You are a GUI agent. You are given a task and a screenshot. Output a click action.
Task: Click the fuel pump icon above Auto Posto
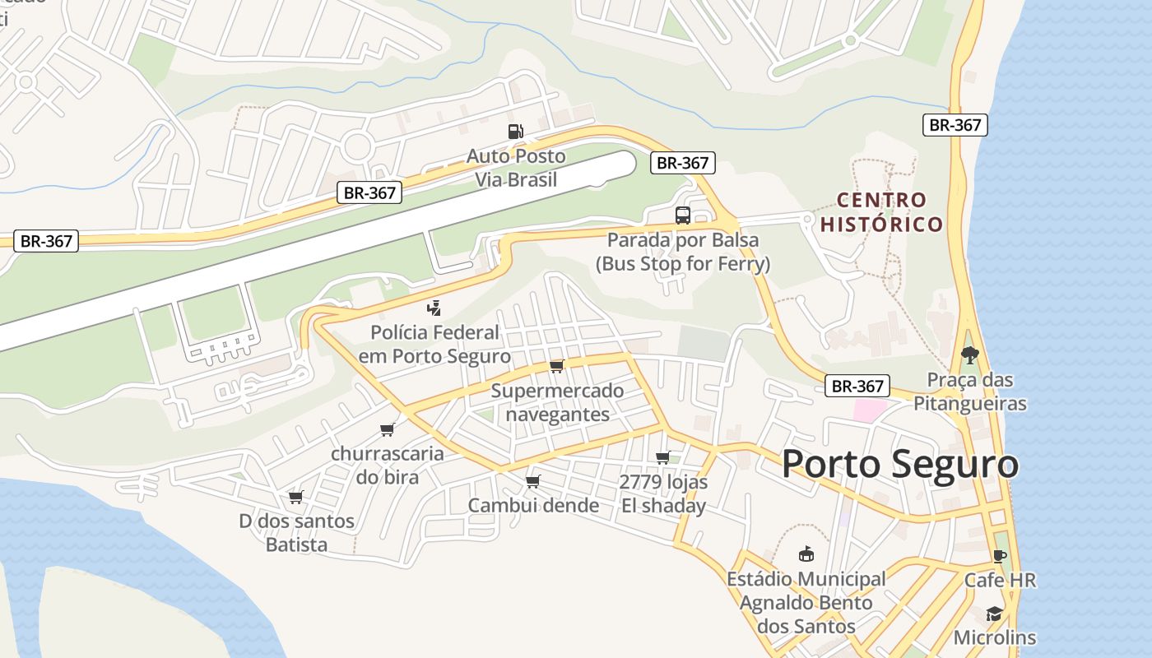(x=515, y=132)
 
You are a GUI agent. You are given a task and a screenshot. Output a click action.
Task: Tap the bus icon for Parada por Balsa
(x=682, y=215)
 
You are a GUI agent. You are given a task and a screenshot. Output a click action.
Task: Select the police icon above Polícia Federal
(x=434, y=308)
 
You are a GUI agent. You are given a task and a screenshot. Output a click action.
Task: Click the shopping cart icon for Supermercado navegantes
(x=557, y=366)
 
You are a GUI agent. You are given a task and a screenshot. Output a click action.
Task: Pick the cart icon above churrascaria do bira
(x=387, y=429)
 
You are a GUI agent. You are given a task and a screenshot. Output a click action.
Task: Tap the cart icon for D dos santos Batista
(x=296, y=497)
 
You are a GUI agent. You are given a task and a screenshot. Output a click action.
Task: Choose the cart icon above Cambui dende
(x=533, y=481)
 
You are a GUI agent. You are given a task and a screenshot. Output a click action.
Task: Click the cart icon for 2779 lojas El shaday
(x=662, y=458)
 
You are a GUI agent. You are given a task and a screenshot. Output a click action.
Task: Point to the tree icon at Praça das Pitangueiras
(x=970, y=355)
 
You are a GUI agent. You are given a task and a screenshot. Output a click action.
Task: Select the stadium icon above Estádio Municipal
(x=806, y=554)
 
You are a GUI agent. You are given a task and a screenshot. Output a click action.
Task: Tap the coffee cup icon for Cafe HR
(x=1000, y=556)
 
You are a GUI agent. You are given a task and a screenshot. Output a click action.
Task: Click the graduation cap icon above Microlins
(x=994, y=614)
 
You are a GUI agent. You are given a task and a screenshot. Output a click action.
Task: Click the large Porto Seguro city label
(x=899, y=464)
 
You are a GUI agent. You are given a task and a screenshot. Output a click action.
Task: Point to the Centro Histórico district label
(x=881, y=211)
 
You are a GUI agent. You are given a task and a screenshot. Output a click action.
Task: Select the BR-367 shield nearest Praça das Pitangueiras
(x=857, y=386)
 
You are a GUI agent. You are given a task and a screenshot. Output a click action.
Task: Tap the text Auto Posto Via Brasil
(x=516, y=168)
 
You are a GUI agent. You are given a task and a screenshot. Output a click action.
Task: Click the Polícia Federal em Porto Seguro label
(x=434, y=345)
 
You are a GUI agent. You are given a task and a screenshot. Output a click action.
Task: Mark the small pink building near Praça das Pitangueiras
(x=870, y=410)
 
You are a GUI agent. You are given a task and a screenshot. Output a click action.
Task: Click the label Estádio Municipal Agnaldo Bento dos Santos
(x=806, y=603)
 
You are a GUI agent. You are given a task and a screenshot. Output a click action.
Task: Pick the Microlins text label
(x=994, y=637)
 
